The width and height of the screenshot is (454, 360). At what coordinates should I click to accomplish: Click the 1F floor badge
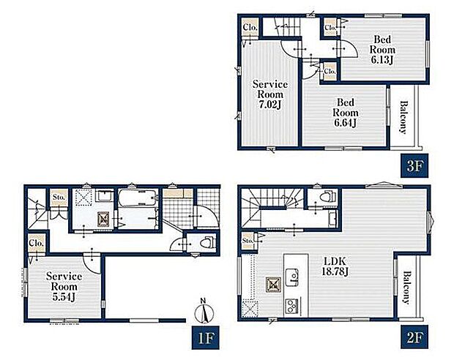click(205, 337)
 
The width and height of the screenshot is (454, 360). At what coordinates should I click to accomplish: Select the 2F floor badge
click(414, 337)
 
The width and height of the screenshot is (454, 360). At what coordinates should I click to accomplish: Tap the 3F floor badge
click(414, 166)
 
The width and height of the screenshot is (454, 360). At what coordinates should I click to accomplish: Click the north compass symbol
click(204, 312)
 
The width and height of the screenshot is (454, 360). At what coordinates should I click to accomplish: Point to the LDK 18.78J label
click(335, 266)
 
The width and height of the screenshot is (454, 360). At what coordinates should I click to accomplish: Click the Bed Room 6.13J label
click(382, 50)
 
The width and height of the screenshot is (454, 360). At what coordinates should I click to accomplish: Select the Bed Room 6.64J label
click(346, 113)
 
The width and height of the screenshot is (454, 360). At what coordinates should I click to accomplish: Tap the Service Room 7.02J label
click(270, 94)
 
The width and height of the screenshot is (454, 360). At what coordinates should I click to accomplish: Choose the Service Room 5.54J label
click(64, 287)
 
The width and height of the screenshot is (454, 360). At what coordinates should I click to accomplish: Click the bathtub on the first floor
click(138, 198)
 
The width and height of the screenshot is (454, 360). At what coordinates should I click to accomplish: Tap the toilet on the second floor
click(327, 197)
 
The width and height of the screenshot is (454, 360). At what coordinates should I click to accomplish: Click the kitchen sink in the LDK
click(292, 277)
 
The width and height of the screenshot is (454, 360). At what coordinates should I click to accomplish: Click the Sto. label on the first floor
click(59, 198)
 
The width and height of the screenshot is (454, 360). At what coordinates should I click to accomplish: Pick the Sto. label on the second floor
click(248, 241)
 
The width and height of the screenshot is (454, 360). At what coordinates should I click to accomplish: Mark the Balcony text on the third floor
click(403, 117)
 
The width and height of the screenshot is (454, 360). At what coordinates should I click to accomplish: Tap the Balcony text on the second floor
click(407, 288)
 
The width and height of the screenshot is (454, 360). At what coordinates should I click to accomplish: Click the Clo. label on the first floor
click(37, 243)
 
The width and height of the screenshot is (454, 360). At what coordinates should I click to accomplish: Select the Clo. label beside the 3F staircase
click(250, 28)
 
